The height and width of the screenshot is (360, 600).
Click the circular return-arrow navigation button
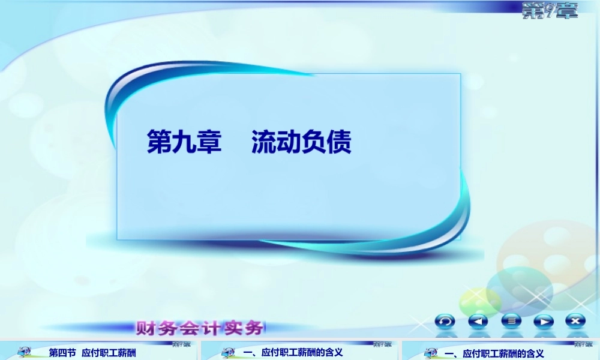click(x=445, y=322)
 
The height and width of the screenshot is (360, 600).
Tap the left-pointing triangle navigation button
click(x=478, y=322)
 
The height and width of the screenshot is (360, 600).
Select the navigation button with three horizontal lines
click(x=511, y=322)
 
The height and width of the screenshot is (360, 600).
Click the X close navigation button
click(x=576, y=322)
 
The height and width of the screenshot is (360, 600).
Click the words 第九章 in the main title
click(x=184, y=143)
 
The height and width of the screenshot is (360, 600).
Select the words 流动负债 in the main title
click(x=301, y=143)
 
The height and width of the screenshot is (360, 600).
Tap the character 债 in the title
click(x=339, y=143)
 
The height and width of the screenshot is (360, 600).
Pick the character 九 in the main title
click(x=184, y=143)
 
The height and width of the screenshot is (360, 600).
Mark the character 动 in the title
click(x=289, y=143)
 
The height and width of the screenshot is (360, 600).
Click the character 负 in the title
click(x=314, y=143)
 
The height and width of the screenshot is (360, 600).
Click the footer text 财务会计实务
click(x=200, y=328)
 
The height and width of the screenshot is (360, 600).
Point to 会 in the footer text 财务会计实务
click(x=190, y=328)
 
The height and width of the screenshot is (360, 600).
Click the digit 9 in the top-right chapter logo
click(x=547, y=10)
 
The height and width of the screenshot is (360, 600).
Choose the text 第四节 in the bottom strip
click(x=62, y=353)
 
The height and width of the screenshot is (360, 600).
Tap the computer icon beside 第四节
click(x=25, y=353)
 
